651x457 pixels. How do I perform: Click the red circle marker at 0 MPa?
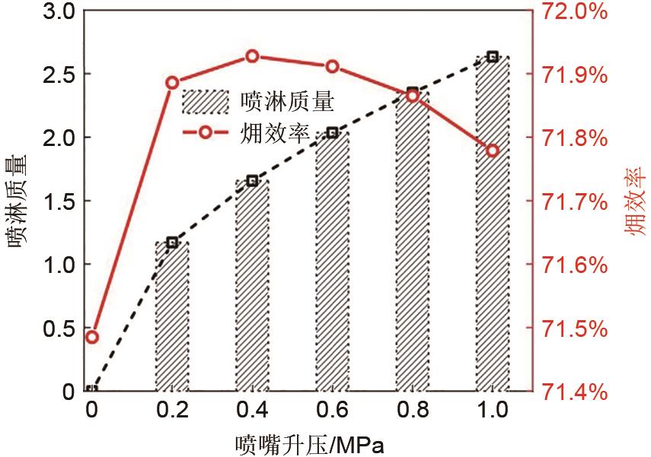tap(92, 337)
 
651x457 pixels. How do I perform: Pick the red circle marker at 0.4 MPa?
tap(252, 56)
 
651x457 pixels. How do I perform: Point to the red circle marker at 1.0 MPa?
tap(492, 150)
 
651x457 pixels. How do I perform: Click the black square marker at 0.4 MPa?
tap(252, 181)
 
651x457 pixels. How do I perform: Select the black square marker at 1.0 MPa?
tap(492, 56)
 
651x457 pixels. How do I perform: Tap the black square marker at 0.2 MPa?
tap(172, 243)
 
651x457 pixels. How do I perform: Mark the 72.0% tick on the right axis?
tap(575, 12)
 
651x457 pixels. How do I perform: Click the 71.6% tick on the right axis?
tap(575, 265)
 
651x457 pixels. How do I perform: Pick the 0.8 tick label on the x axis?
tap(412, 411)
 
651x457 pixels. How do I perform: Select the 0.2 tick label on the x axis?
tap(172, 411)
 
